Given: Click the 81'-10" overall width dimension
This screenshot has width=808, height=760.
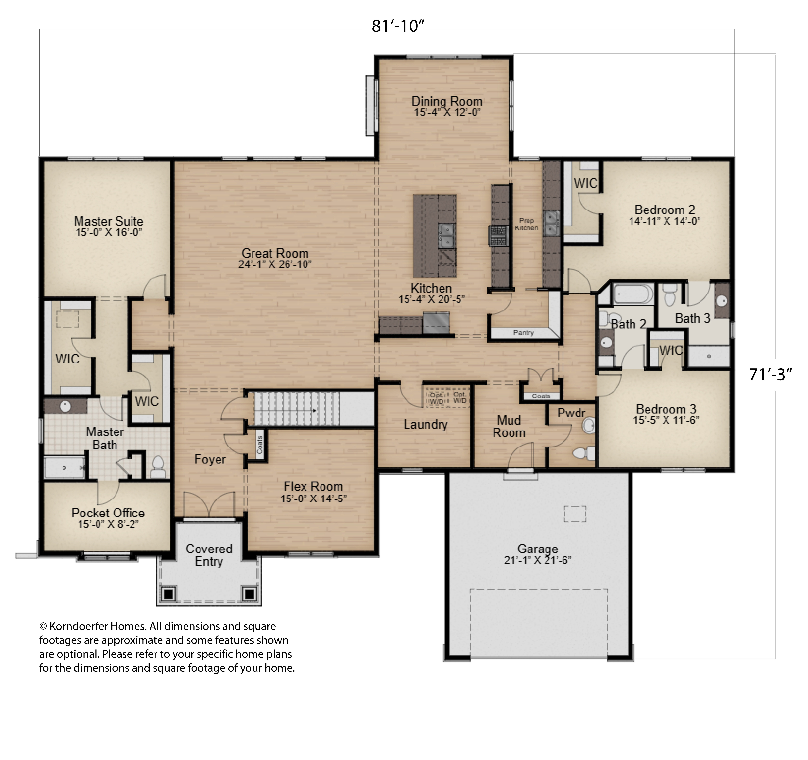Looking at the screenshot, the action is [x=398, y=26].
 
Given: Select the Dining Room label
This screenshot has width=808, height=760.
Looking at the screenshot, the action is [x=447, y=101].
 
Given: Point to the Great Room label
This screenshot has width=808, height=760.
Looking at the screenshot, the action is [x=275, y=253].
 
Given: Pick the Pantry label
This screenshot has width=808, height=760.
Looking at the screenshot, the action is [x=524, y=333].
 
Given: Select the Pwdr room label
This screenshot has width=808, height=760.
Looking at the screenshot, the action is [x=571, y=413].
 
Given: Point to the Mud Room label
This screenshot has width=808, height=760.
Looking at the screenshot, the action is [x=509, y=427].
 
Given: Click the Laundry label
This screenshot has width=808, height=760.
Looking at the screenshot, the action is [x=426, y=425].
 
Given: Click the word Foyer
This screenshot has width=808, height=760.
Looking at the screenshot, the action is [x=210, y=459].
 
